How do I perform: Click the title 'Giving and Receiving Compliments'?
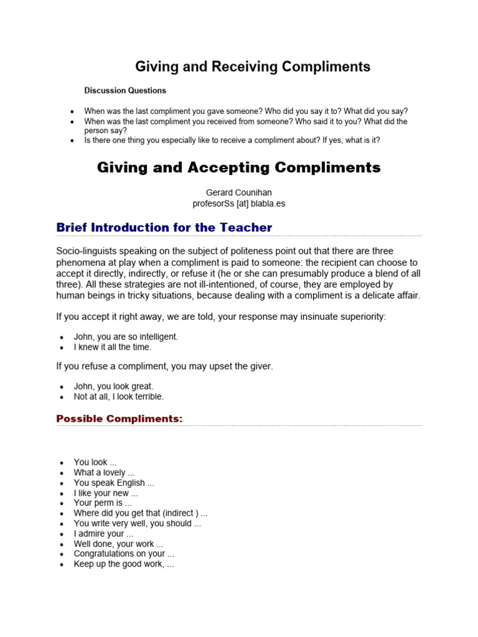(x=253, y=67)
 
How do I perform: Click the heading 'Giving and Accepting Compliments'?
(x=238, y=167)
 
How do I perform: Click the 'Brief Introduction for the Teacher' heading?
(x=164, y=228)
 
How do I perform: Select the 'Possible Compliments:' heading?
(x=119, y=419)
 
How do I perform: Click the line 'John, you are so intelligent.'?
(x=126, y=337)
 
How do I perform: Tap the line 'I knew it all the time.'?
(x=113, y=347)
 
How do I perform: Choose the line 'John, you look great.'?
(x=113, y=386)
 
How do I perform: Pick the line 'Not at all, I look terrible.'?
(x=119, y=396)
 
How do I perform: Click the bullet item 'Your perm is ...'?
(x=103, y=503)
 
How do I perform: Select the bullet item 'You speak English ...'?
(x=114, y=483)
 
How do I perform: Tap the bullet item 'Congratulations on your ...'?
(x=124, y=554)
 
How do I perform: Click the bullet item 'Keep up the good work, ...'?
(x=124, y=564)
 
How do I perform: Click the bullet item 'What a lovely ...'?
(x=104, y=473)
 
